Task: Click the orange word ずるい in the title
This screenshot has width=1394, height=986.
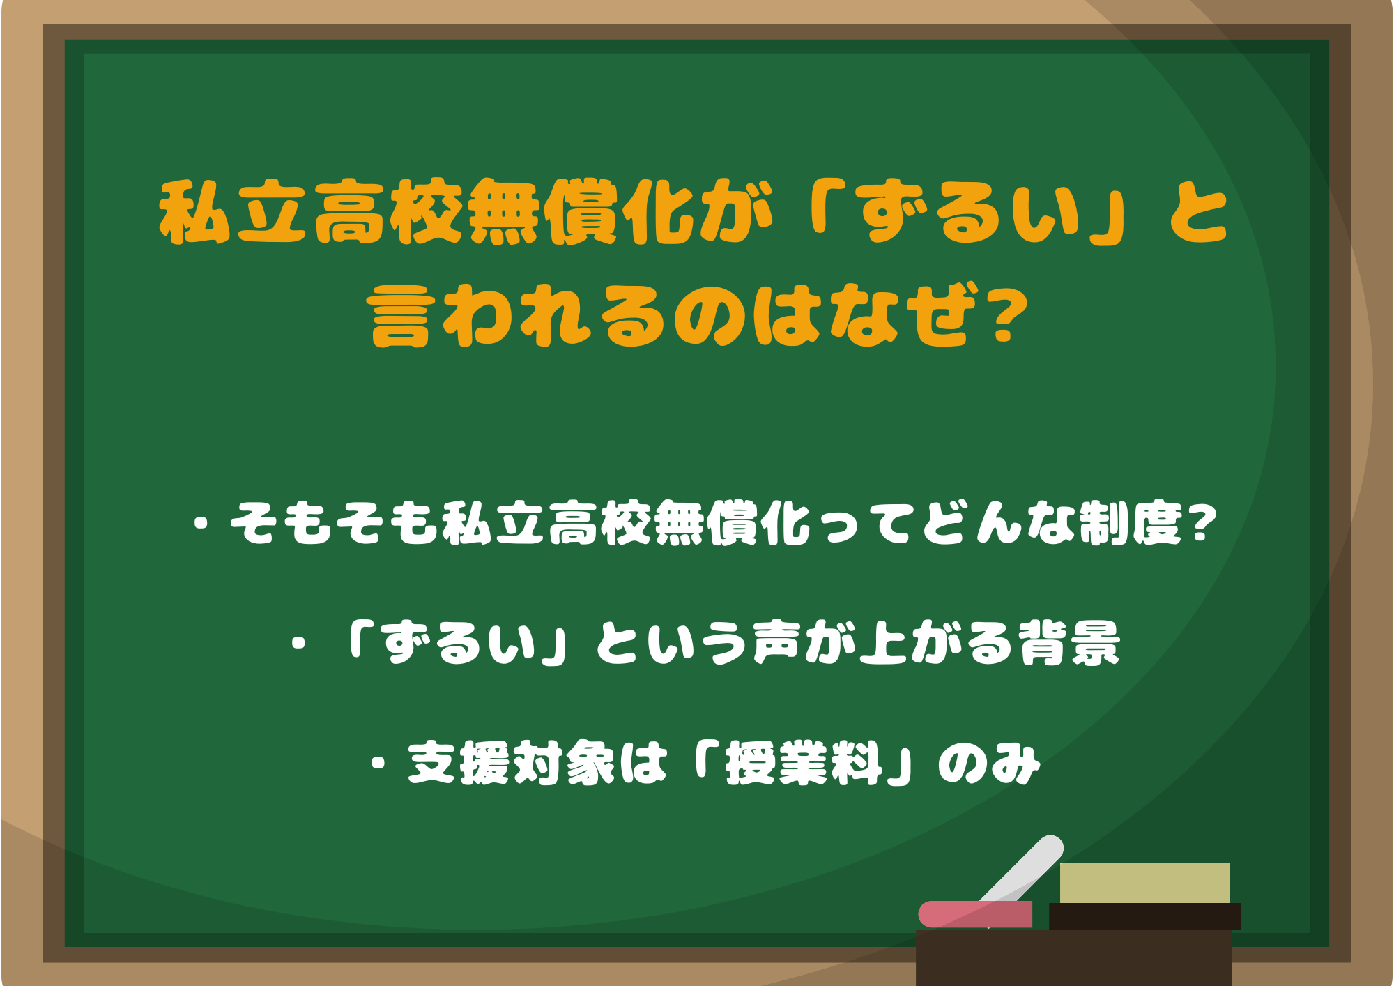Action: pos(969,213)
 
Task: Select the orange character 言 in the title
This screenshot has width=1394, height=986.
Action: pos(399,317)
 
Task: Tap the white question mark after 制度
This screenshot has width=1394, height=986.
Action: pos(1200,523)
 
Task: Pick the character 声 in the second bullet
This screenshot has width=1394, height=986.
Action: pos(776,642)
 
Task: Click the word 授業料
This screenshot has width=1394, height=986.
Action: pos(804,763)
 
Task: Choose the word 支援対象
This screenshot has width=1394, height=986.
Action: pos(512,763)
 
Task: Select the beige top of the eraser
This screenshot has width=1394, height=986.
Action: pos(1144,883)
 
